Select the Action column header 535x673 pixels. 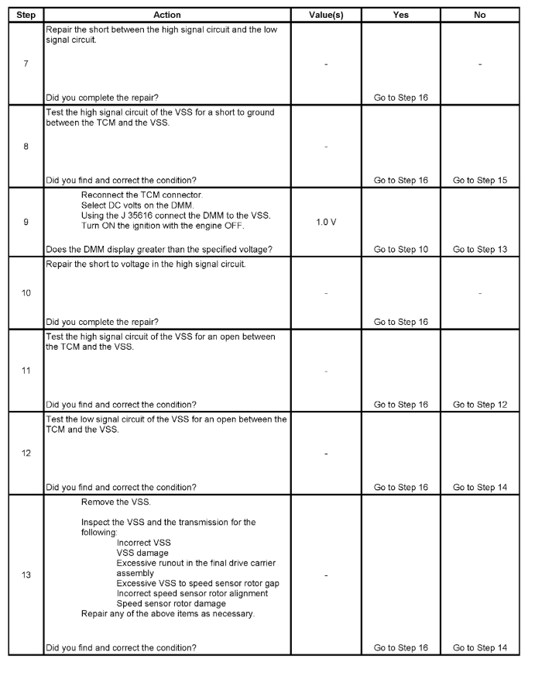[166, 15]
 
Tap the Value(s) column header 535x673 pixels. [325, 15]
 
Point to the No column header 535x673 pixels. [479, 15]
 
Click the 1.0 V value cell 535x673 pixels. [326, 221]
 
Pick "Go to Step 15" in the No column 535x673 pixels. [479, 180]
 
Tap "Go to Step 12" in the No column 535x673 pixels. [479, 404]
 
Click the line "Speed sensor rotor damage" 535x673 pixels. [171, 603]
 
